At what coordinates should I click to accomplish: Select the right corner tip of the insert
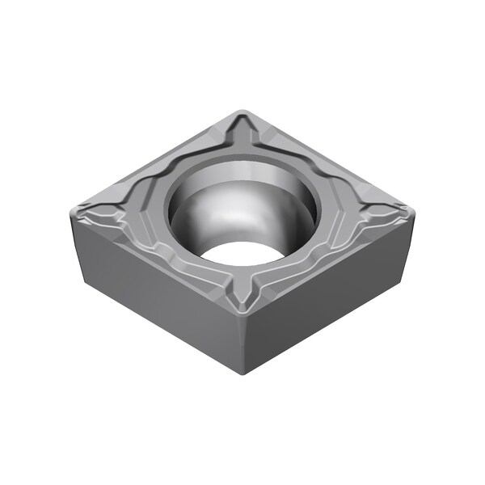click(x=411, y=213)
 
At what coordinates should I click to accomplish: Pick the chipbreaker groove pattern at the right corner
click(x=380, y=215)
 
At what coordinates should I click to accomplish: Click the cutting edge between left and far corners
click(x=154, y=162)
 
